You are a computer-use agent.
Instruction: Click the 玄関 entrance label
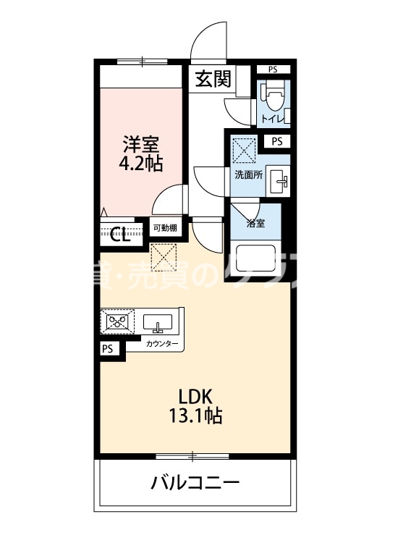[213, 78]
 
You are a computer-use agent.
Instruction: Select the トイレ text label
[272, 118]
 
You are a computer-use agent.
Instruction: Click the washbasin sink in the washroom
[278, 180]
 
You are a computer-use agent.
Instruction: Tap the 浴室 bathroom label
[256, 223]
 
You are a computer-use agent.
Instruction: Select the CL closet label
[120, 235]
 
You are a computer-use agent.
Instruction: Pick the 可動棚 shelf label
[165, 229]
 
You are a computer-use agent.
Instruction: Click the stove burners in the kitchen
[117, 321]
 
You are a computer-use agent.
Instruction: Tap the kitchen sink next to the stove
[157, 321]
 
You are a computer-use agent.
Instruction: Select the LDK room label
[195, 397]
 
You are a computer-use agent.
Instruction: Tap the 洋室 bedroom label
[140, 143]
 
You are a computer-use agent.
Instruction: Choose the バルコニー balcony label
[195, 483]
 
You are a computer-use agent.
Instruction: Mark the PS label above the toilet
[273, 70]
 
